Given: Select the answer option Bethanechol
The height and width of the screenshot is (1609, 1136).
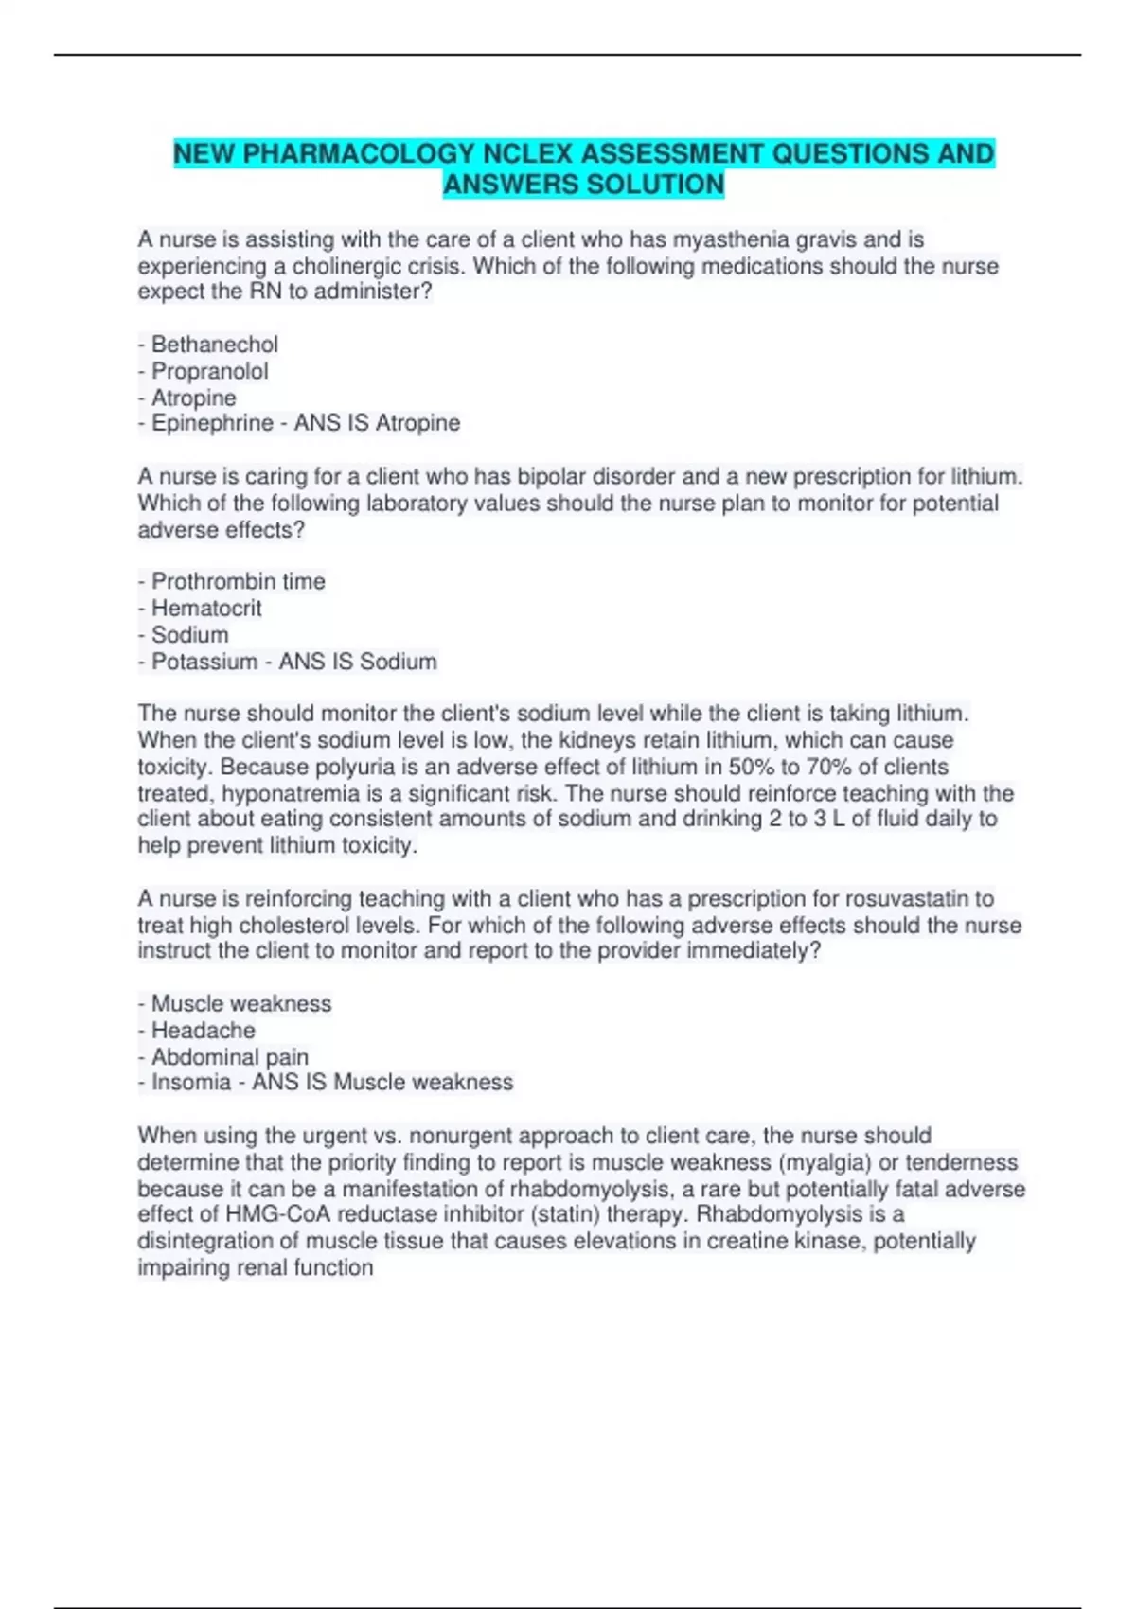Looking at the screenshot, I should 215,345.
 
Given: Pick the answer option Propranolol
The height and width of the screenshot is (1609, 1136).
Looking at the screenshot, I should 210,371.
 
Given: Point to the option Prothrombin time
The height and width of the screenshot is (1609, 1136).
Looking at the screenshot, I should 238,581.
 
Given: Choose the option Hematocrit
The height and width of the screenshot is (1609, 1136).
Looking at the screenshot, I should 206,608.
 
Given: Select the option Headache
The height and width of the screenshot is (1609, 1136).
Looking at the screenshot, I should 203,1030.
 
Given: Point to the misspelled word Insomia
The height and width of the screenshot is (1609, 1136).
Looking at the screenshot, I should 191,1082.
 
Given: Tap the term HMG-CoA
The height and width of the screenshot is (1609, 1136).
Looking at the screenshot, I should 278,1214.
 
